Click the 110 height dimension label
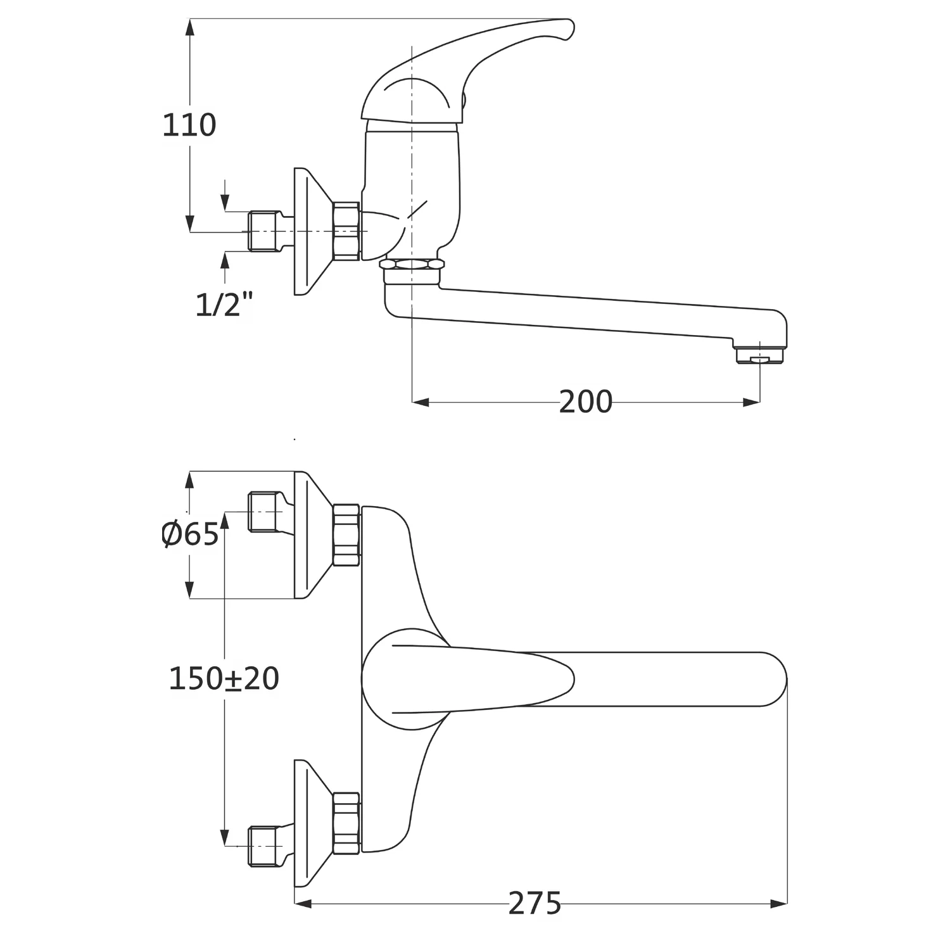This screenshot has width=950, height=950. click(189, 125)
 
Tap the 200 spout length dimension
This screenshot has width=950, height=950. click(586, 402)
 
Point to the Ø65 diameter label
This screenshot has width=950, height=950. click(190, 535)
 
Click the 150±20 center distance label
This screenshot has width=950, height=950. click(224, 679)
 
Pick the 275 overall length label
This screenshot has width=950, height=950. click(535, 903)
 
